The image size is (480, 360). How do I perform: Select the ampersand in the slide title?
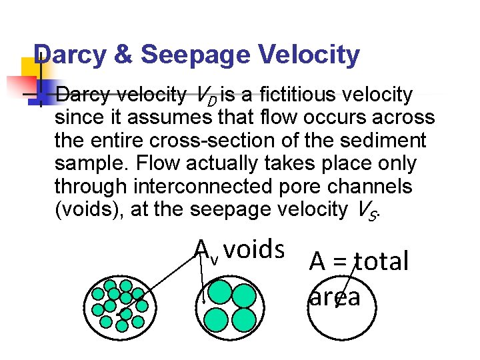[123, 55]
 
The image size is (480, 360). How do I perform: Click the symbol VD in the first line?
[208, 97]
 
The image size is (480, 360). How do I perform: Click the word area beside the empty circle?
[335, 296]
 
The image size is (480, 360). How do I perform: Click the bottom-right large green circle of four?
[244, 319]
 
